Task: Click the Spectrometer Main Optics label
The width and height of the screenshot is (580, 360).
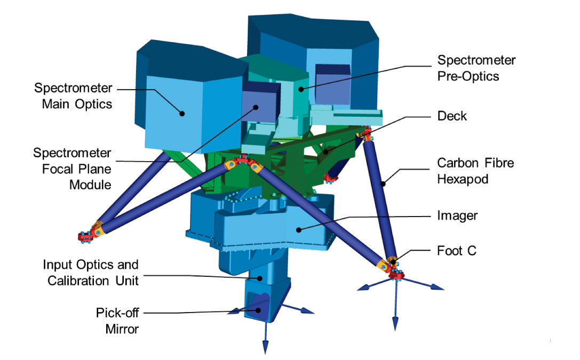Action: point(73,95)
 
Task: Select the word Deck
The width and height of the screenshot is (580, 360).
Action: point(452,116)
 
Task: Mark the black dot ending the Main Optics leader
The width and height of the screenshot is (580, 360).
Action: point(182,113)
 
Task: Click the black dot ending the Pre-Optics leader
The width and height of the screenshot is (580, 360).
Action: point(301,90)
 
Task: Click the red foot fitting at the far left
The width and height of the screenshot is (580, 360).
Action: point(84,235)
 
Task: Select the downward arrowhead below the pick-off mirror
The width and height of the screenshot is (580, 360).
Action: point(264,350)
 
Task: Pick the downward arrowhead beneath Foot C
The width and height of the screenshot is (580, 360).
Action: point(395,326)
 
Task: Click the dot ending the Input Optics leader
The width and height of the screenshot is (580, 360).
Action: point(260,277)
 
